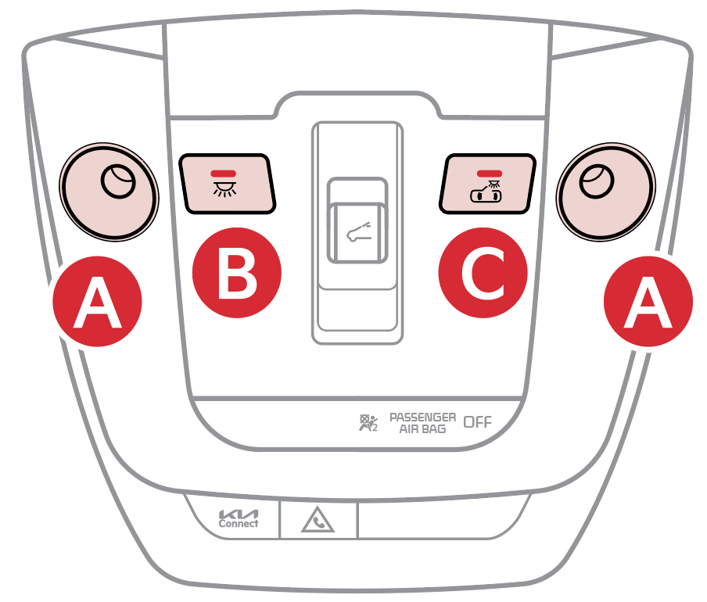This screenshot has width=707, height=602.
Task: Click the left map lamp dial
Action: click(109, 192)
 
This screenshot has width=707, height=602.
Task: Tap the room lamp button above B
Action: click(228, 184)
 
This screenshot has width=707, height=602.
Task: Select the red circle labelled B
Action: click(237, 273)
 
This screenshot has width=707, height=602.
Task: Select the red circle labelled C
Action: click(483, 273)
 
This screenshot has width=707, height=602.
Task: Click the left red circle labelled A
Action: click(98, 302)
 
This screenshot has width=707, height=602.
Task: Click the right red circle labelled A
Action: click(648, 302)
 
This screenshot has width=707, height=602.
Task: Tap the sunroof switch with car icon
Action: click(357, 220)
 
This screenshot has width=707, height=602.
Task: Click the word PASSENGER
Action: click(422, 417)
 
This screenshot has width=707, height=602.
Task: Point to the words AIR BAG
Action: click(422, 429)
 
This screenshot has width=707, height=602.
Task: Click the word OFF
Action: click(478, 422)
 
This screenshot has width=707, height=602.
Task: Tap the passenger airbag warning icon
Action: click(368, 423)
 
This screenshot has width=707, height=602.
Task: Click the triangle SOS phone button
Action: click(318, 521)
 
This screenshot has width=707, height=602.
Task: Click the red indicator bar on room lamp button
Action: click(223, 174)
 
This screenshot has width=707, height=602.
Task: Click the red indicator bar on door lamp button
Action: click(490, 174)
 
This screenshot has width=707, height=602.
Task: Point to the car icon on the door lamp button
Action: click(486, 192)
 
